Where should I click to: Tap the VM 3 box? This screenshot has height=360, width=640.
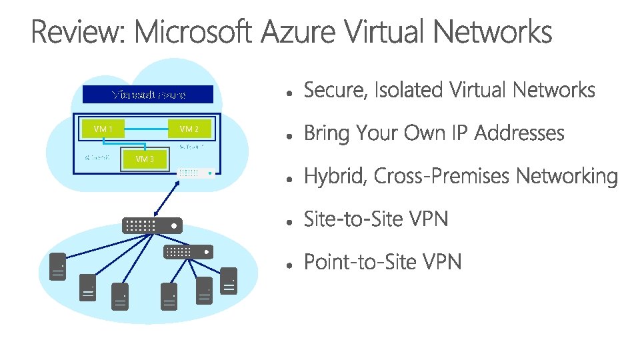click(145, 159)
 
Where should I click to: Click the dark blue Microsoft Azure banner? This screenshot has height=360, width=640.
click(148, 94)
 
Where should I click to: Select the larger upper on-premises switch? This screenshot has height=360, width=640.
click(151, 225)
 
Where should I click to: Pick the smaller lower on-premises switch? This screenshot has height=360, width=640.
click(189, 252)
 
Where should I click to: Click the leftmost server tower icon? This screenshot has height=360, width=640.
click(58, 267)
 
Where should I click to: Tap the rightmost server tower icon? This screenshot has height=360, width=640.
click(229, 281)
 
